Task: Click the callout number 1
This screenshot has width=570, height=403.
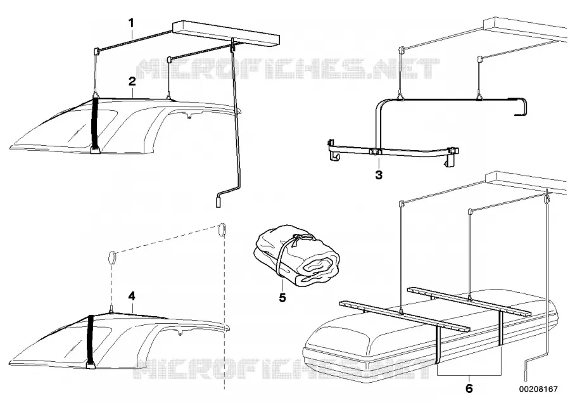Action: click(131, 23)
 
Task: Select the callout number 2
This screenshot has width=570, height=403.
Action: click(132, 81)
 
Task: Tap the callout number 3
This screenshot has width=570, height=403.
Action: click(379, 175)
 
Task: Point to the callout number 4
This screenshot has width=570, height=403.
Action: click(132, 297)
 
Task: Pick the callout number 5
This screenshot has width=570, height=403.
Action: click(282, 298)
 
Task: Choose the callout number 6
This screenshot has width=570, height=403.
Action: click(469, 388)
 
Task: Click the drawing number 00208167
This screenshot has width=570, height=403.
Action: click(538, 389)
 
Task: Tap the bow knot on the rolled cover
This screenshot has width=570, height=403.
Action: click(300, 237)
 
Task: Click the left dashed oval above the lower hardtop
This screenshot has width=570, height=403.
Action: click(111, 258)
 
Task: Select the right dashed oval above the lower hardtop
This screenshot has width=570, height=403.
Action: click(222, 230)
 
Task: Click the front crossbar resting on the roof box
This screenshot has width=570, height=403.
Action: click(404, 316)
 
